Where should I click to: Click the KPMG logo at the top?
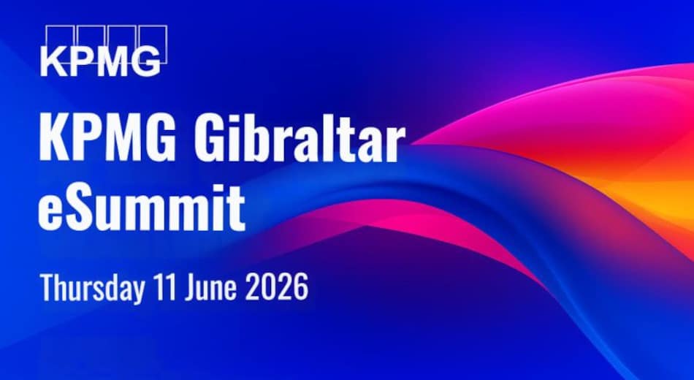click(x=104, y=50)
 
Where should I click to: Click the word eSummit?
click(x=141, y=208)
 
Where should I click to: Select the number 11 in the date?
click(x=164, y=286)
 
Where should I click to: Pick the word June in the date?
click(x=210, y=287)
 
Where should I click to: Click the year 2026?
click(x=277, y=287)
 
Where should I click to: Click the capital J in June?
click(x=191, y=287)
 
